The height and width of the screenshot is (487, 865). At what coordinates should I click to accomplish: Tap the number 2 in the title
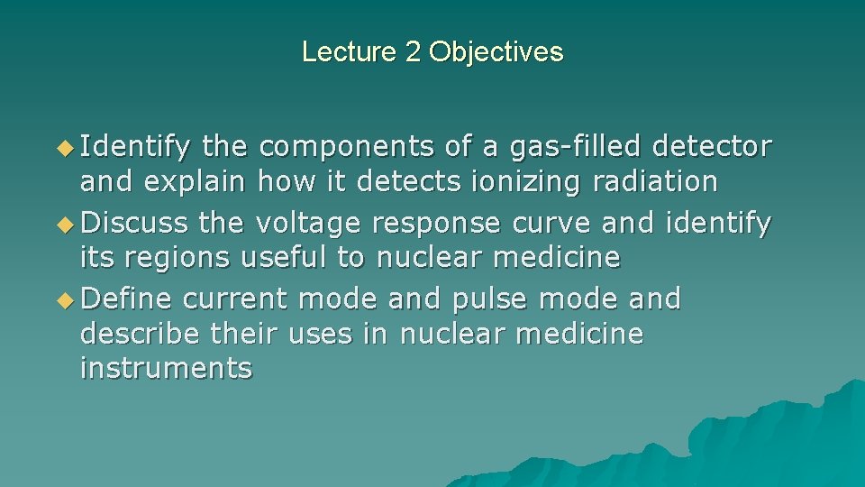pos(414,51)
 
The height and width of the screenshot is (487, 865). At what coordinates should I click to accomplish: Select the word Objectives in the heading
pos(496,51)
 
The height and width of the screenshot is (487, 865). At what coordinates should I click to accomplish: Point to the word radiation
pos(655,182)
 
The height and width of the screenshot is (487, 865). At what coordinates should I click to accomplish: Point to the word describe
pos(139,335)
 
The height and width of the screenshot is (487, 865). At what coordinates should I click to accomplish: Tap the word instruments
pos(166,369)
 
